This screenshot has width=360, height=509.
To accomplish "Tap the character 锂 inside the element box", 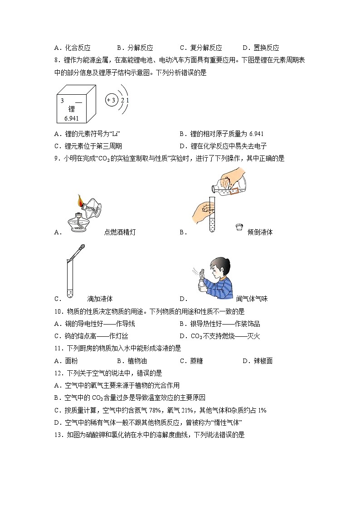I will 71,109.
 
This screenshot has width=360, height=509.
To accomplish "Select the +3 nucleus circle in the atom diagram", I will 111,100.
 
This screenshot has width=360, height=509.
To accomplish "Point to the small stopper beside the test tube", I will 238,228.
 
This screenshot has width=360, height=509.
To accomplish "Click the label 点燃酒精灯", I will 120,232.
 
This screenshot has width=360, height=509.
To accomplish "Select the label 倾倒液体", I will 260,232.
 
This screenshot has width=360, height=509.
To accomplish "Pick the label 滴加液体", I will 100,299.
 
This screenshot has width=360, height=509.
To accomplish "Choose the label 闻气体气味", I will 252,299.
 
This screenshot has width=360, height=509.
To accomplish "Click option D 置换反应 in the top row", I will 261,48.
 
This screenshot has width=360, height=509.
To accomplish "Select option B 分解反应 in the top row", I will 135,48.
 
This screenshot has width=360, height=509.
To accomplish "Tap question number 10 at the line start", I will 58,311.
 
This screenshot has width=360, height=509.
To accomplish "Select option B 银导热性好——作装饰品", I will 220,324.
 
